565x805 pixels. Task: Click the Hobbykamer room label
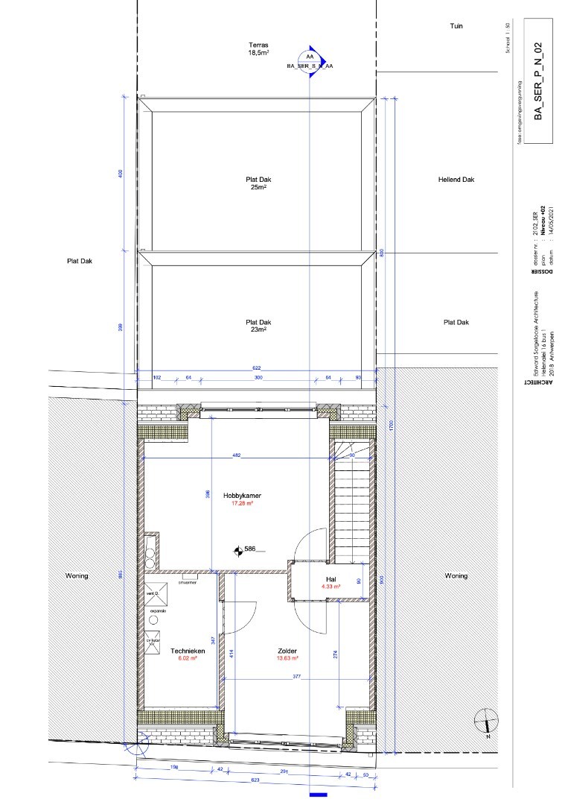(x=242, y=495)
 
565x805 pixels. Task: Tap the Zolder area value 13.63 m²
(x=287, y=658)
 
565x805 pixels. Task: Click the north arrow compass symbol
(x=485, y=720)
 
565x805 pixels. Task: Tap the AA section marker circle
(x=310, y=57)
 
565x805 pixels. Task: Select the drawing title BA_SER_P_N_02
(x=539, y=81)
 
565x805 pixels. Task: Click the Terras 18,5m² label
(x=258, y=49)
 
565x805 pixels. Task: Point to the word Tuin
(x=456, y=25)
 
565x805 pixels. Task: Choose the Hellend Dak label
(x=456, y=180)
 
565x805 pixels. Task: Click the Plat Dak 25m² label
(x=258, y=183)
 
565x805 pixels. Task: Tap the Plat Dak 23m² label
(x=258, y=326)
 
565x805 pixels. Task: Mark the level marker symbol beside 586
(x=237, y=551)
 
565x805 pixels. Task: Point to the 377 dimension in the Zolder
(x=297, y=677)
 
